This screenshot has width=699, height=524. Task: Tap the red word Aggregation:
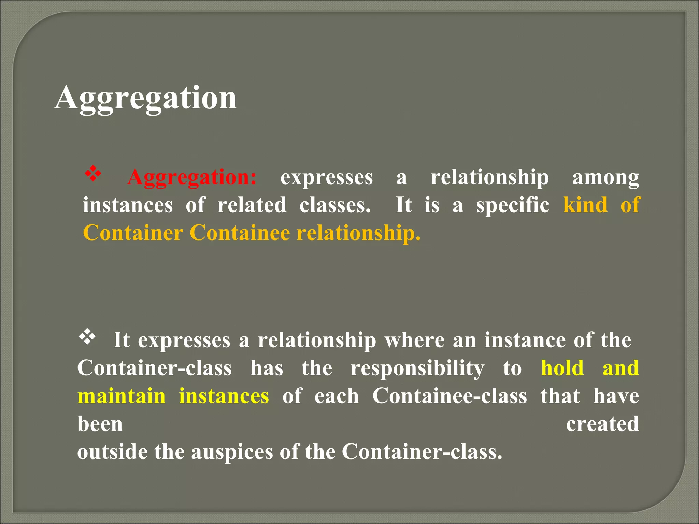point(192,177)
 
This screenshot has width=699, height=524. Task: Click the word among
point(605,177)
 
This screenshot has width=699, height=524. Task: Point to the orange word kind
point(585,205)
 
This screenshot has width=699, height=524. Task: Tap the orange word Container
point(133,233)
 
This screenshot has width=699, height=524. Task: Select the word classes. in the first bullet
point(335,205)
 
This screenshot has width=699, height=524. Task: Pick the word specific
point(513,206)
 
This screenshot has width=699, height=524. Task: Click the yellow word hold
point(562,368)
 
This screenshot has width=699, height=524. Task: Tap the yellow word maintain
point(122,396)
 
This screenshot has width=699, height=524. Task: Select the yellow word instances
point(224,396)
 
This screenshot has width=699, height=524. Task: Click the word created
point(602,424)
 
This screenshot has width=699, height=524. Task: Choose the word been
point(100,424)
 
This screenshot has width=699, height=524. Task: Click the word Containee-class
point(450,396)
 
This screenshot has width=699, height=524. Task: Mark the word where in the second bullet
point(415,340)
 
